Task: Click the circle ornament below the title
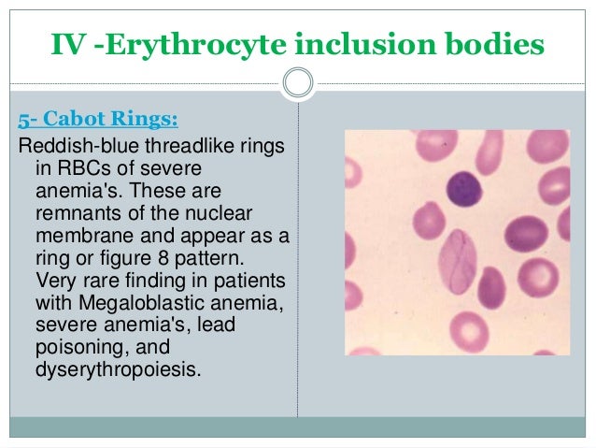pos(298,83)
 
